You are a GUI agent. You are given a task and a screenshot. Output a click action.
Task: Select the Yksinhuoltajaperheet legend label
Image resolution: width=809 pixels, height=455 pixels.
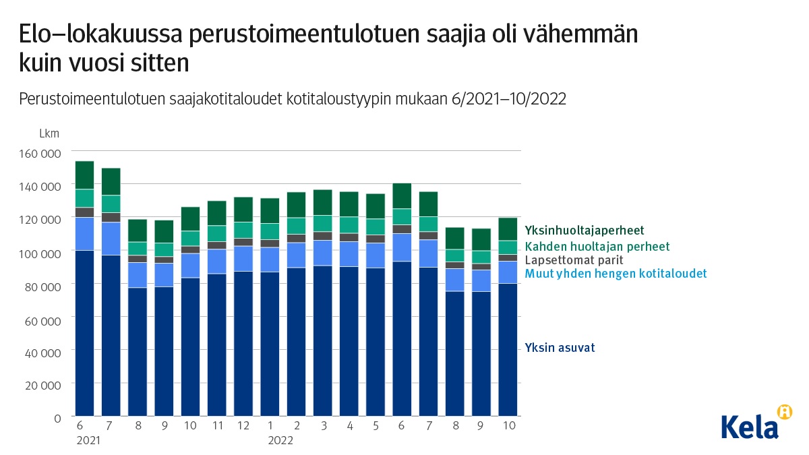tap(584, 231)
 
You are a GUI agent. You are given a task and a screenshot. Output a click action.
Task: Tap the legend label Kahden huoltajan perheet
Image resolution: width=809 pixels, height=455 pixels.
tap(597, 246)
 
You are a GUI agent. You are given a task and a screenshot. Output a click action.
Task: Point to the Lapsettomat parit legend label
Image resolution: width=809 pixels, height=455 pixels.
tap(574, 260)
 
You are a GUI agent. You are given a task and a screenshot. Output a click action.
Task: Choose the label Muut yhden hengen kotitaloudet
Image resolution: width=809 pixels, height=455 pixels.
tap(616, 273)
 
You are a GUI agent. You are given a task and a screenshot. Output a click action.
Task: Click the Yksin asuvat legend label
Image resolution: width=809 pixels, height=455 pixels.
tap(560, 348)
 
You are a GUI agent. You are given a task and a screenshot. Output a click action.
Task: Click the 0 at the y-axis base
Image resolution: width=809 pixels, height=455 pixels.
tap(57, 418)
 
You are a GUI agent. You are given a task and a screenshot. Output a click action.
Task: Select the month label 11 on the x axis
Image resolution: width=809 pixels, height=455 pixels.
tap(217, 426)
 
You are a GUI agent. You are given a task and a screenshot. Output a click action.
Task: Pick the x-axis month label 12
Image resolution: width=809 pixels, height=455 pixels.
tap(243, 426)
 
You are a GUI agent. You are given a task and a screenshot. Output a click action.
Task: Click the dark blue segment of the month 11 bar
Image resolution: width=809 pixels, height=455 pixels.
tap(217, 344)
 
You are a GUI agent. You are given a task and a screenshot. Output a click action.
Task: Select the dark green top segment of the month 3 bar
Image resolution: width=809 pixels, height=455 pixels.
tap(323, 202)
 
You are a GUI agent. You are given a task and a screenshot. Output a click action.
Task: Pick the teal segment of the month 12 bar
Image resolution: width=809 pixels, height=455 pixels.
tap(243, 230)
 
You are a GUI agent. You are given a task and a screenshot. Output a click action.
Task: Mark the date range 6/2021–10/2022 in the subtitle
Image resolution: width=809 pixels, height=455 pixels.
tap(500, 99)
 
